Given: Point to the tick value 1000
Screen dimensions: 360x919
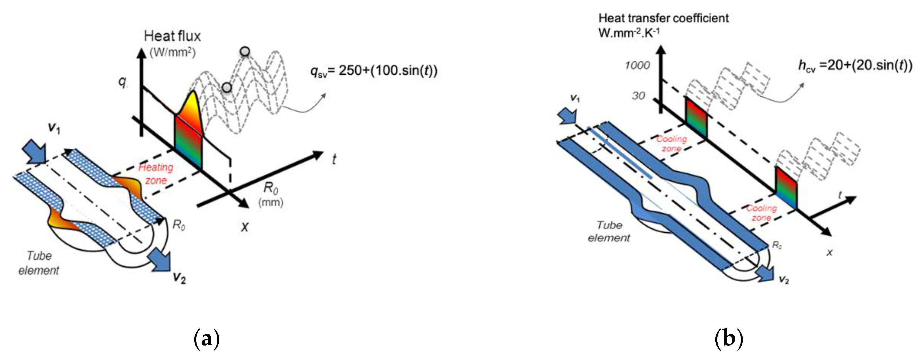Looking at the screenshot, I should tap(637, 65).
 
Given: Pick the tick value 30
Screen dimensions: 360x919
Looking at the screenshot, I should tap(638, 96).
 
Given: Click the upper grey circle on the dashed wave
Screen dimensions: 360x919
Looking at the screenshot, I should tap(245, 52).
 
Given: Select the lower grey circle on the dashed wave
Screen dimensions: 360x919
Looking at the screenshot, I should tap(227, 87).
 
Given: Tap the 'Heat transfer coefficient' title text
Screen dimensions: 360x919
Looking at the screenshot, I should tap(663, 18).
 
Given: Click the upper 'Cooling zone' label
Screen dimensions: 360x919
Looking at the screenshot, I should tap(671, 144).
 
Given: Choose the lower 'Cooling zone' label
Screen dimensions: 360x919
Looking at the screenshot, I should tap(761, 213).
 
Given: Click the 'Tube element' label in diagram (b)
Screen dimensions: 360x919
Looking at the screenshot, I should tap(609, 231).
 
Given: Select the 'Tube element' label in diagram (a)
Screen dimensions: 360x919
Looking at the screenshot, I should tap(39, 263).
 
